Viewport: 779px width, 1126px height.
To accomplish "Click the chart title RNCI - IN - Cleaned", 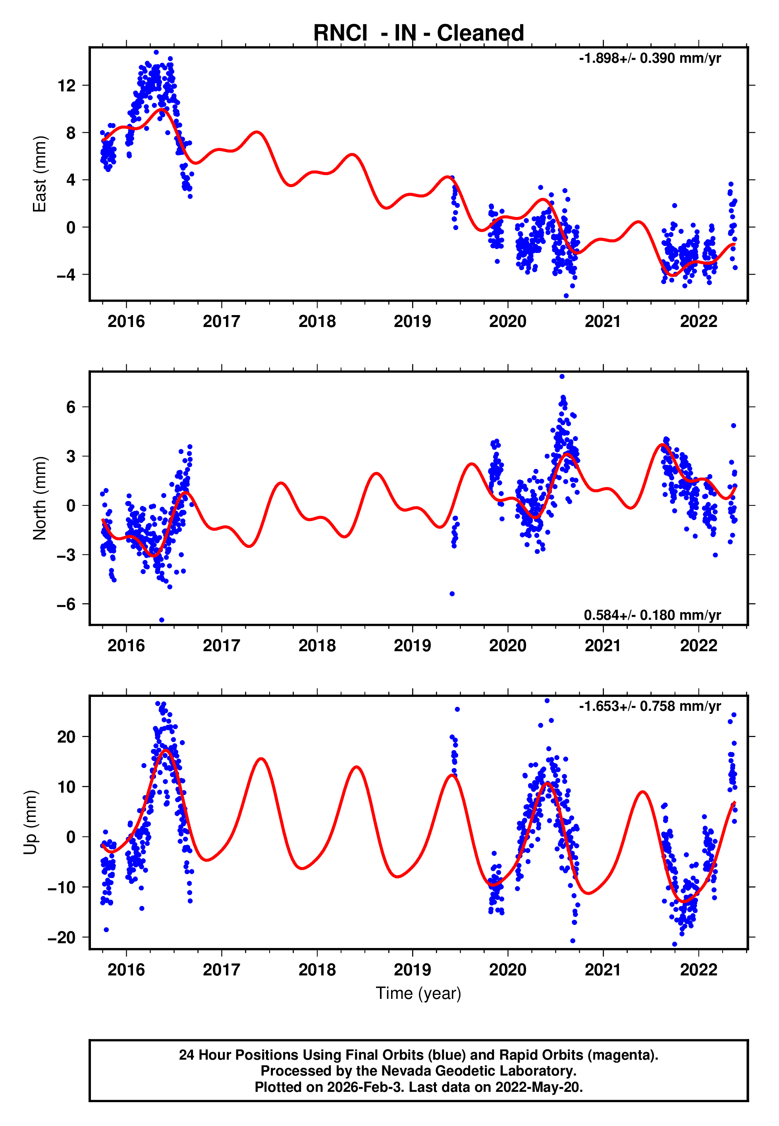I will tap(418, 33).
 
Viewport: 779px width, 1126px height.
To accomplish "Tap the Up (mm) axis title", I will tap(30, 822).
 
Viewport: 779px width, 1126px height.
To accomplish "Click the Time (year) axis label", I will tap(418, 993).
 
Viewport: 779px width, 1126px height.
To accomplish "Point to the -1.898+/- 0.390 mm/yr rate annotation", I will tap(650, 58).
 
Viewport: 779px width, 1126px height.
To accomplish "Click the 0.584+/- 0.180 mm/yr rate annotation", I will tap(652, 615).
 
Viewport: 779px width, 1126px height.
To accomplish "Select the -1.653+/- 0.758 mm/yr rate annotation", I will tap(650, 706).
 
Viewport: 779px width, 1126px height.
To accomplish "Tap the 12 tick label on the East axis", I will tap(66, 86).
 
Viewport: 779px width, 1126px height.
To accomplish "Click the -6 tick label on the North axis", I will tap(66, 604).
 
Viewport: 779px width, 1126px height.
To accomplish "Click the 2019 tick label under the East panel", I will tap(413, 322).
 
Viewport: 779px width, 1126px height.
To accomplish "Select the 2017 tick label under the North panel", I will tap(222, 646).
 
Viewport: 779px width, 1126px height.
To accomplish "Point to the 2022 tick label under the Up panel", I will tap(698, 970).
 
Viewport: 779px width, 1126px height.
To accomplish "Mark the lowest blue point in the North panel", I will tap(162, 620).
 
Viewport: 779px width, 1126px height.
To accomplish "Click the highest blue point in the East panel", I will tap(156, 52).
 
